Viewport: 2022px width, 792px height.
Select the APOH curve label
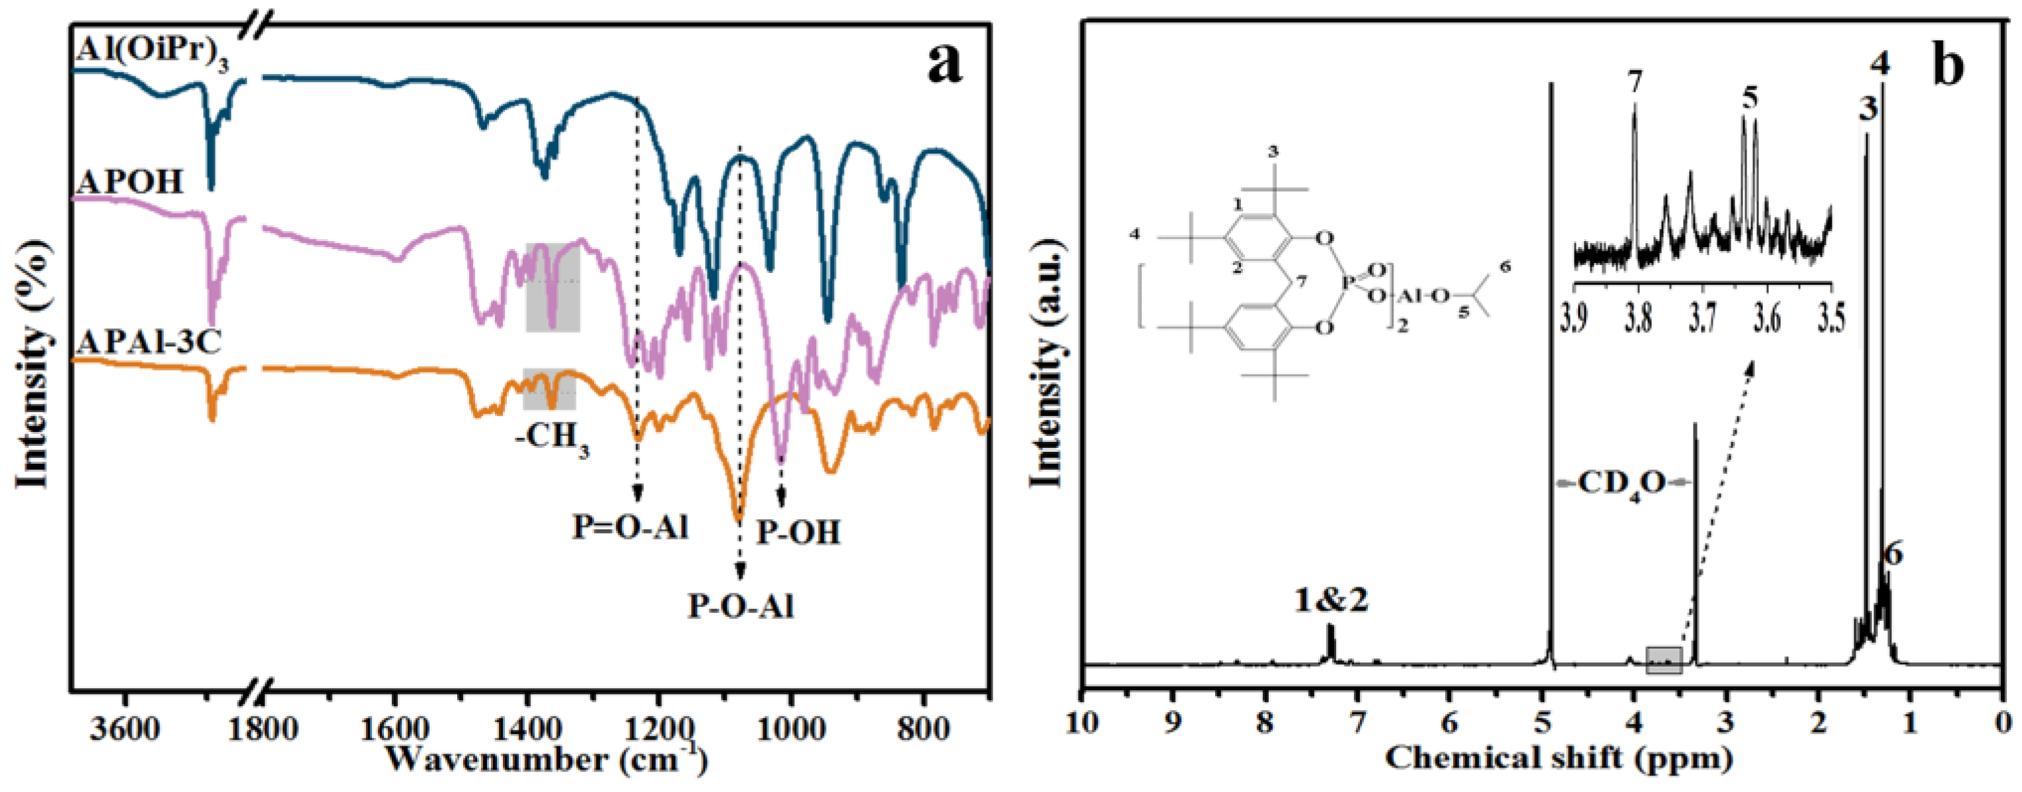tap(129, 182)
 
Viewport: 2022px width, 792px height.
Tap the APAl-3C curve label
tap(149, 342)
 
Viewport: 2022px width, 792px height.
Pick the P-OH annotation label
tap(798, 533)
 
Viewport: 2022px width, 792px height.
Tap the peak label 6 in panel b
tap(1892, 555)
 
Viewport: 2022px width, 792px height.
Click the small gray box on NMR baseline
tap(1664, 660)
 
